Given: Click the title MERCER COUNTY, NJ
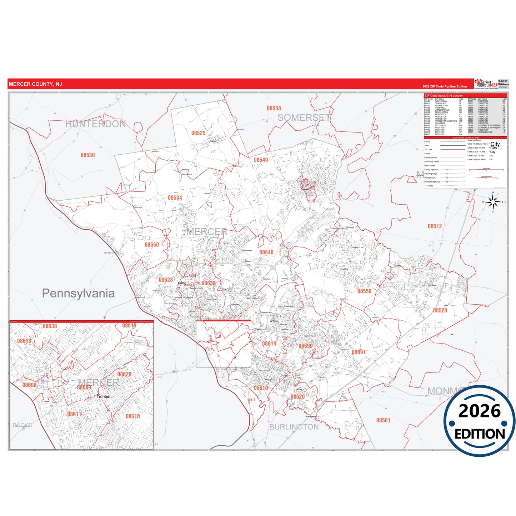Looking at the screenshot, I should point(35,84).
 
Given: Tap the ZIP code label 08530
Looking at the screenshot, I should point(87,155).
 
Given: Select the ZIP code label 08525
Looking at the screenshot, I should point(198,133).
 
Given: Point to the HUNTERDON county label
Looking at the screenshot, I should point(95,124).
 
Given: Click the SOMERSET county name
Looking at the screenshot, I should point(304,117).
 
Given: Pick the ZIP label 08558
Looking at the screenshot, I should point(274,109).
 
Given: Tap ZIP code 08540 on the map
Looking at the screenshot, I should point(261,160).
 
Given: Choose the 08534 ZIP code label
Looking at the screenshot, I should point(175,198).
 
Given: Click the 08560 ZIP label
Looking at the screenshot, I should point(152,245).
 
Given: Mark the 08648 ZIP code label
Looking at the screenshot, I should point(266,252).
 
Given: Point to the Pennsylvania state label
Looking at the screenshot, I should point(78,293).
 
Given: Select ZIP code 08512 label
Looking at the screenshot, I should point(435,226).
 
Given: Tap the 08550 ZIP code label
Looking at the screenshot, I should point(364,291).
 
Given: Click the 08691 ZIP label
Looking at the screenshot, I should point(359,352).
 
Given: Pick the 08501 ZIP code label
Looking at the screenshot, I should point(383,420).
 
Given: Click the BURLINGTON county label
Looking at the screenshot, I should point(294,427).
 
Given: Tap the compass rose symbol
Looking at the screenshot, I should point(493,202).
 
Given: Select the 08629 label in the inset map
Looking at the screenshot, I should point(124,374).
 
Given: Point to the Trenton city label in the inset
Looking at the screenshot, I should point(104,397).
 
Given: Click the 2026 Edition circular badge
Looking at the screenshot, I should point(480,422).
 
